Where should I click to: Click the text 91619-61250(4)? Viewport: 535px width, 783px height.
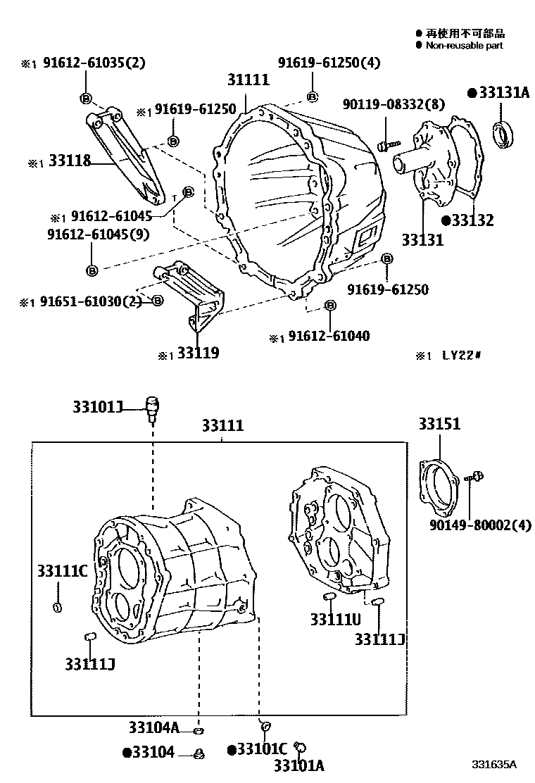pos(329,63)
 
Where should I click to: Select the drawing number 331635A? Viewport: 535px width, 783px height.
pos(494,764)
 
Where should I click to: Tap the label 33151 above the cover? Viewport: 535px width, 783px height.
pos(439,424)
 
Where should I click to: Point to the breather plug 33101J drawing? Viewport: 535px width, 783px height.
pos(151,407)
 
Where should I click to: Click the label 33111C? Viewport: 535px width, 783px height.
pos(62,571)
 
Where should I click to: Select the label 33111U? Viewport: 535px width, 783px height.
pos(335,619)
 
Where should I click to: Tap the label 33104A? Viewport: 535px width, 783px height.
pos(154,727)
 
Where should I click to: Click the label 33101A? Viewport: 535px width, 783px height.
pos(298,765)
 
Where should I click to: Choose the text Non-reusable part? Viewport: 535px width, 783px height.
pos(464,45)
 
